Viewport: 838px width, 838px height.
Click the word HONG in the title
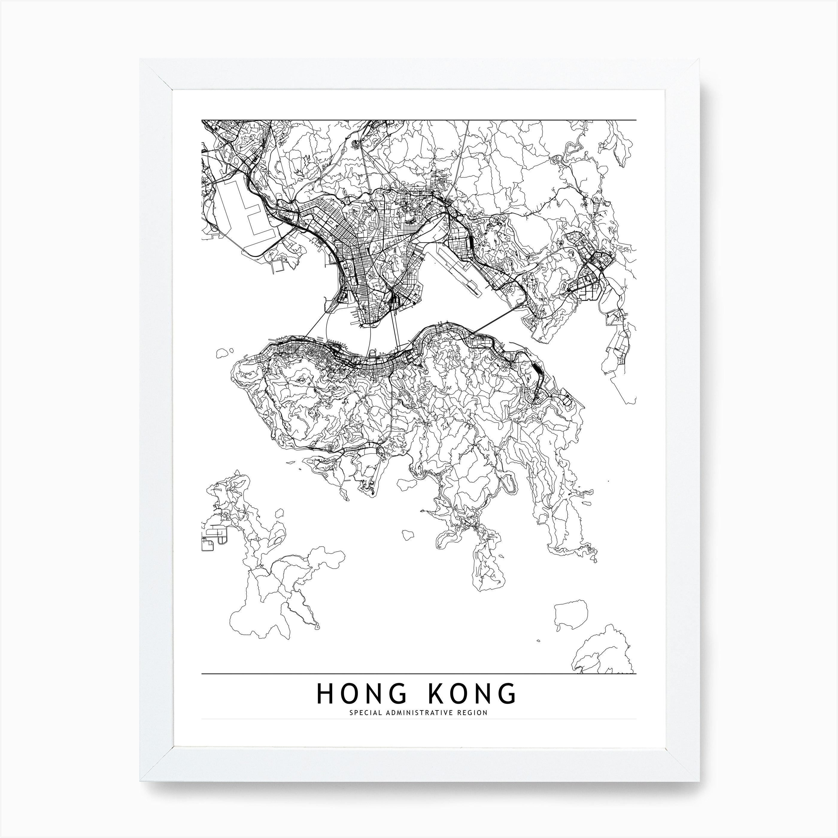coord(362,706)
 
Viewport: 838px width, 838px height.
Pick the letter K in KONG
coord(436,706)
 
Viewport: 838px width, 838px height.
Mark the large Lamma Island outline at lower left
coord(269,577)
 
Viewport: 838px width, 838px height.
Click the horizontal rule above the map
coord(419,120)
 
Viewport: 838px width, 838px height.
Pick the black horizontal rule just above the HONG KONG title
coord(419,674)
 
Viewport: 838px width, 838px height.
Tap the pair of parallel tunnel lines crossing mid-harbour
coord(395,330)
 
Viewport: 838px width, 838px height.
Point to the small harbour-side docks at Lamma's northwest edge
coord(212,538)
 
